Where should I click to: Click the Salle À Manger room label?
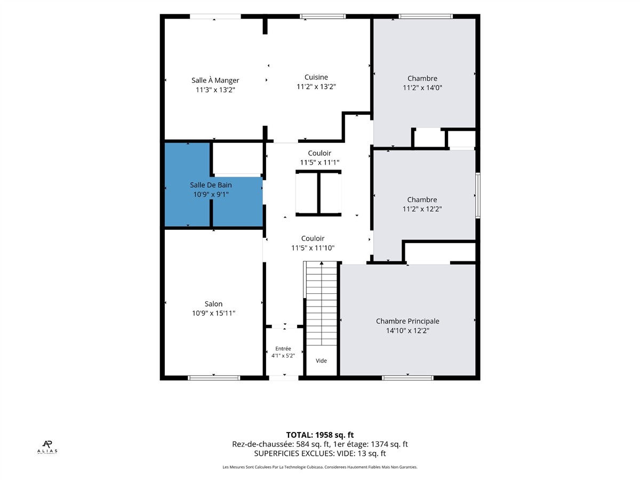(x=215, y=80)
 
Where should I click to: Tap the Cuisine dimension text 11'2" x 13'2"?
(x=316, y=86)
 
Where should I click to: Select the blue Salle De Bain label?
(x=211, y=185)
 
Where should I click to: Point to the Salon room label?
(x=213, y=304)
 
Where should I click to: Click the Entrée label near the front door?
(x=283, y=349)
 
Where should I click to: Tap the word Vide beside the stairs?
(x=321, y=361)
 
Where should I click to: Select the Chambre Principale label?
(x=407, y=321)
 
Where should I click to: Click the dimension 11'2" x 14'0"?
(x=422, y=87)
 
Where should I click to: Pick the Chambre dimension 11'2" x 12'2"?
(x=422, y=209)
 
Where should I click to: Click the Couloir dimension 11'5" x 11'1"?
(x=319, y=162)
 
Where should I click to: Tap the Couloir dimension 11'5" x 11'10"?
(x=313, y=248)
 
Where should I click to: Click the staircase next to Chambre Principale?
(x=321, y=303)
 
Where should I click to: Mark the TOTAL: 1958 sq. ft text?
(x=320, y=435)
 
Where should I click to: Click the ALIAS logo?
(x=47, y=447)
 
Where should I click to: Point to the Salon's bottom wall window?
(x=214, y=378)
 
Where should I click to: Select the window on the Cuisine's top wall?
(x=323, y=17)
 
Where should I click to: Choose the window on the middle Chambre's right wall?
(x=478, y=195)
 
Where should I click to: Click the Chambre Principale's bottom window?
(x=407, y=378)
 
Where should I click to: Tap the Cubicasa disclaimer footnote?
(x=320, y=467)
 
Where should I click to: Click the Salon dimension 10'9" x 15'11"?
(x=213, y=313)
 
